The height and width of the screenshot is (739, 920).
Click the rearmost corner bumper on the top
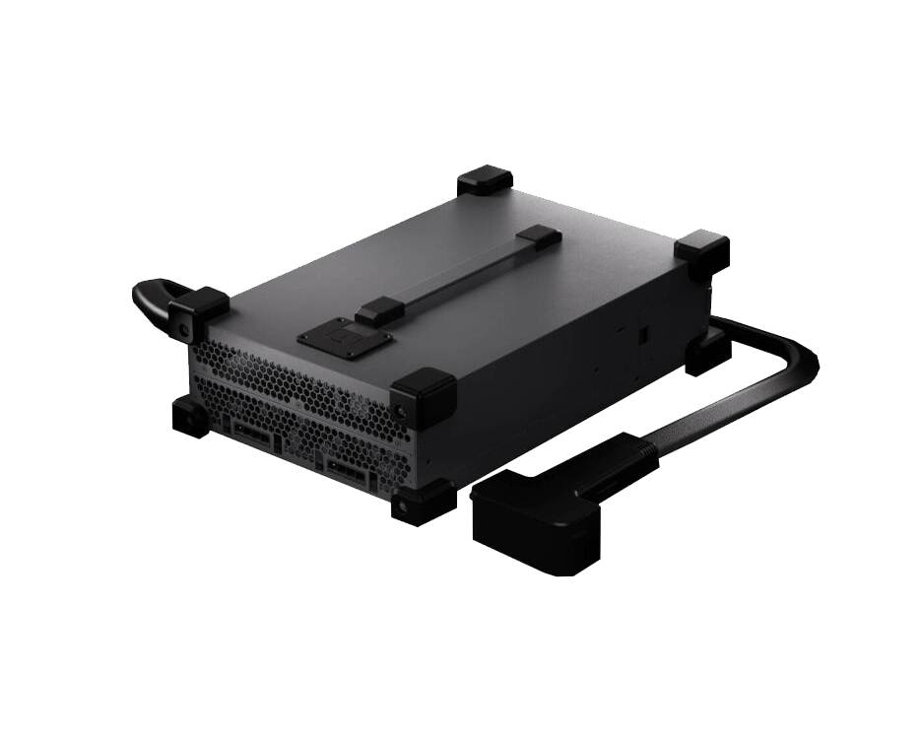pos(485,181)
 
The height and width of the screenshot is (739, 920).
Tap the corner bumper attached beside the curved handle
pos(198,311)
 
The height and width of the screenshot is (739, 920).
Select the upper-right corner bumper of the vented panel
pos(423,396)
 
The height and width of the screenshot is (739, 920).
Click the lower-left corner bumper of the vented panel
pos(190,417)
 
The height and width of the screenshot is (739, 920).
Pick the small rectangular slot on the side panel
pos(642,335)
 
